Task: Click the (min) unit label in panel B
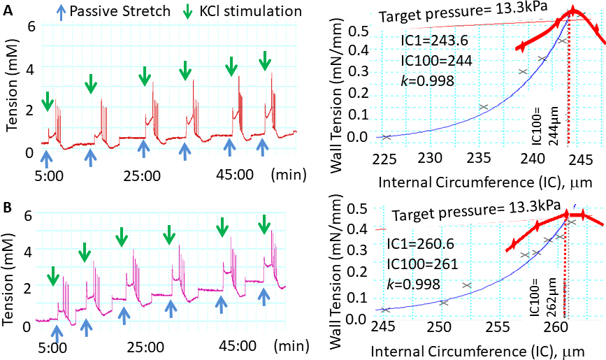click(288, 346)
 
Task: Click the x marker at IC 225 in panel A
click(387, 136)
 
